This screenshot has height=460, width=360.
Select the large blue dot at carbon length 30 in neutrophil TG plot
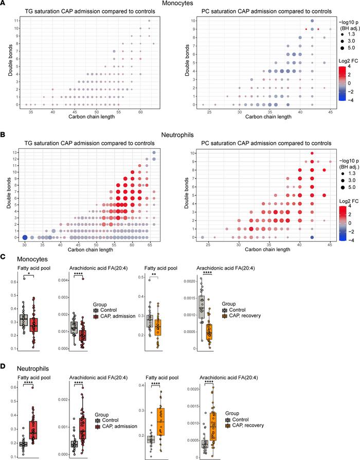[x=24, y=223]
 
